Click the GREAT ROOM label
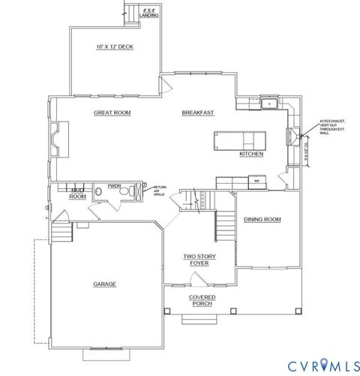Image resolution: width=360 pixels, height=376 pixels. click(112, 113)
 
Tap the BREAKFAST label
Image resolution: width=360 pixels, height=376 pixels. click(198, 113)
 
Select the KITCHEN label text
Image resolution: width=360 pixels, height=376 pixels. click(250, 154)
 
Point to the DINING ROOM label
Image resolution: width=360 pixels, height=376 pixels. click(262, 220)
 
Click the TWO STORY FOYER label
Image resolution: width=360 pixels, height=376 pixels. click(200, 260)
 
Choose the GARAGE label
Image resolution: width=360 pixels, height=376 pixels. click(104, 284)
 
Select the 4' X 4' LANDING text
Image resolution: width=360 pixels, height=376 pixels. click(148, 14)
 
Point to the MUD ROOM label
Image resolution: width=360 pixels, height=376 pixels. click(78, 193)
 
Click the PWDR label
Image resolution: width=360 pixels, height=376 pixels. click(114, 185)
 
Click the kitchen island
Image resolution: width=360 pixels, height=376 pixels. click(238, 140)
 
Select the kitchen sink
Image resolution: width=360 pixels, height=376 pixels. click(268, 104)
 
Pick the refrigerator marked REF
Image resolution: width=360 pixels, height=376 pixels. click(256, 182)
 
